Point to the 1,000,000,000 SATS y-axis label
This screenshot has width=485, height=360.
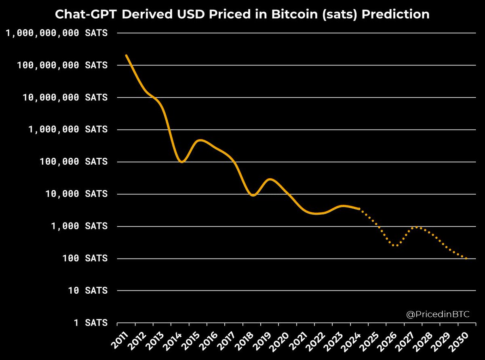(x=57, y=33)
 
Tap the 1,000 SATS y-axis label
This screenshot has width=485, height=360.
(x=81, y=226)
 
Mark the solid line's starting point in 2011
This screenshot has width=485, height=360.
(x=126, y=55)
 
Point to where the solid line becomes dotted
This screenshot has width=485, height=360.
(x=359, y=209)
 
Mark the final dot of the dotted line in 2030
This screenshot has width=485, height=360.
(x=467, y=258)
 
